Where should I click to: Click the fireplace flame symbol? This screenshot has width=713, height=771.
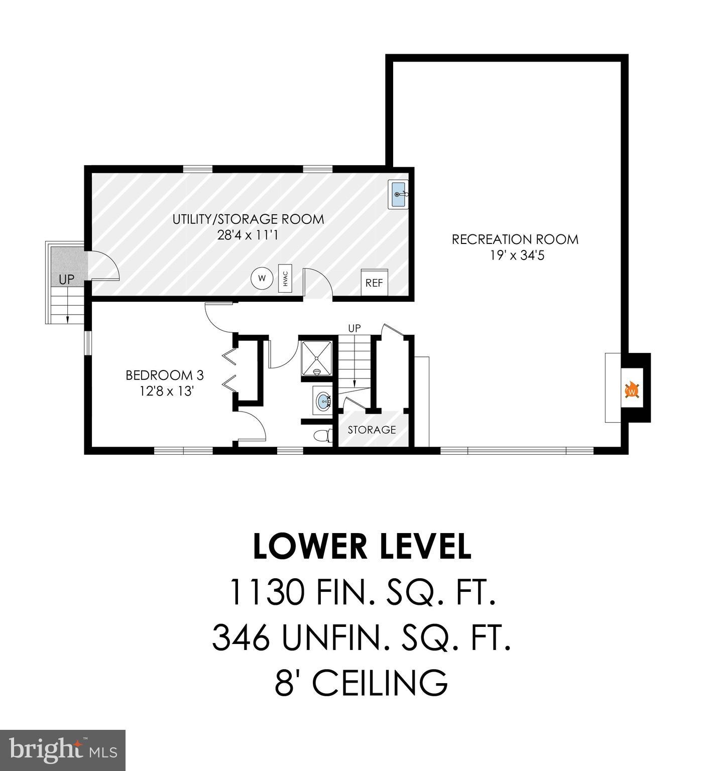632,390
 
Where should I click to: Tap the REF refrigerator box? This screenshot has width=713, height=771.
374,283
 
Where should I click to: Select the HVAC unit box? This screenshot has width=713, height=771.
285,278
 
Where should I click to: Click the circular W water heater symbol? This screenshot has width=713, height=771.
262,278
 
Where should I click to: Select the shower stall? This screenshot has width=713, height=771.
316,358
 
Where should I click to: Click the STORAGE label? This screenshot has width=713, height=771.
372,430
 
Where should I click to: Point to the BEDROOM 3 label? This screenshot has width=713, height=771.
164,375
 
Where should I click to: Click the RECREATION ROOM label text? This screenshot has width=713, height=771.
515,239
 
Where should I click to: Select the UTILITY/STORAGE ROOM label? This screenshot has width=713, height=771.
248,219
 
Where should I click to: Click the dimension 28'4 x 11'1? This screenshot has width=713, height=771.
248,235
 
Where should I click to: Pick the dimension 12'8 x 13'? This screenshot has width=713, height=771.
167,391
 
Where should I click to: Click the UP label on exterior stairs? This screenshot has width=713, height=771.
66,280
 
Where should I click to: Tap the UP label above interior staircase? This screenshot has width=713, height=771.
354,328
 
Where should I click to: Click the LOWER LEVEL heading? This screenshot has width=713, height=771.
362,547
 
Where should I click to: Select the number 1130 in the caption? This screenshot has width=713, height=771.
266,592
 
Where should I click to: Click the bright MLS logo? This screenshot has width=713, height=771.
63,750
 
